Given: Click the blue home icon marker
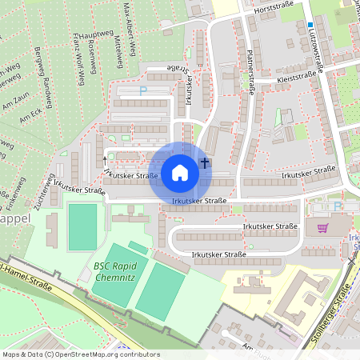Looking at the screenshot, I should pyautogui.click(x=180, y=172).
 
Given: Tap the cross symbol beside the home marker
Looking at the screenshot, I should pyautogui.click(x=205, y=163).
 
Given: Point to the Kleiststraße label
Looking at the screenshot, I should pyautogui.click(x=296, y=78).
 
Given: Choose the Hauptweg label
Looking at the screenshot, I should pyautogui.click(x=94, y=34).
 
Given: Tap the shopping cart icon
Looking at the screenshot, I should pyautogui.click(x=322, y=228).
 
